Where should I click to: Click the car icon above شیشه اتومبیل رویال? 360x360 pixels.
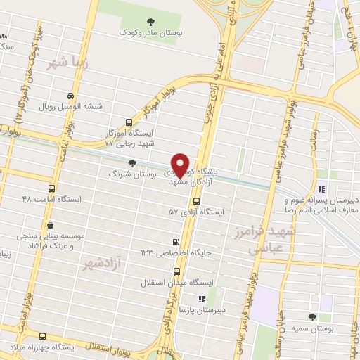[x=70, y=96]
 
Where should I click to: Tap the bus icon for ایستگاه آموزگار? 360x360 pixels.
[x=127, y=122]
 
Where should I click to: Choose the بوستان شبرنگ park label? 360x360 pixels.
[x=129, y=172]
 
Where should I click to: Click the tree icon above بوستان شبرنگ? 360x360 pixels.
[x=133, y=162]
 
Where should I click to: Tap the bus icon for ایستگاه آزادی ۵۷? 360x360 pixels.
[x=195, y=201]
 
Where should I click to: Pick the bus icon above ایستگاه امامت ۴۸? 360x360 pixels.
[x=51, y=188]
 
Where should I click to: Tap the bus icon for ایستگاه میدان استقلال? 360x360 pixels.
[x=175, y=272]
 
